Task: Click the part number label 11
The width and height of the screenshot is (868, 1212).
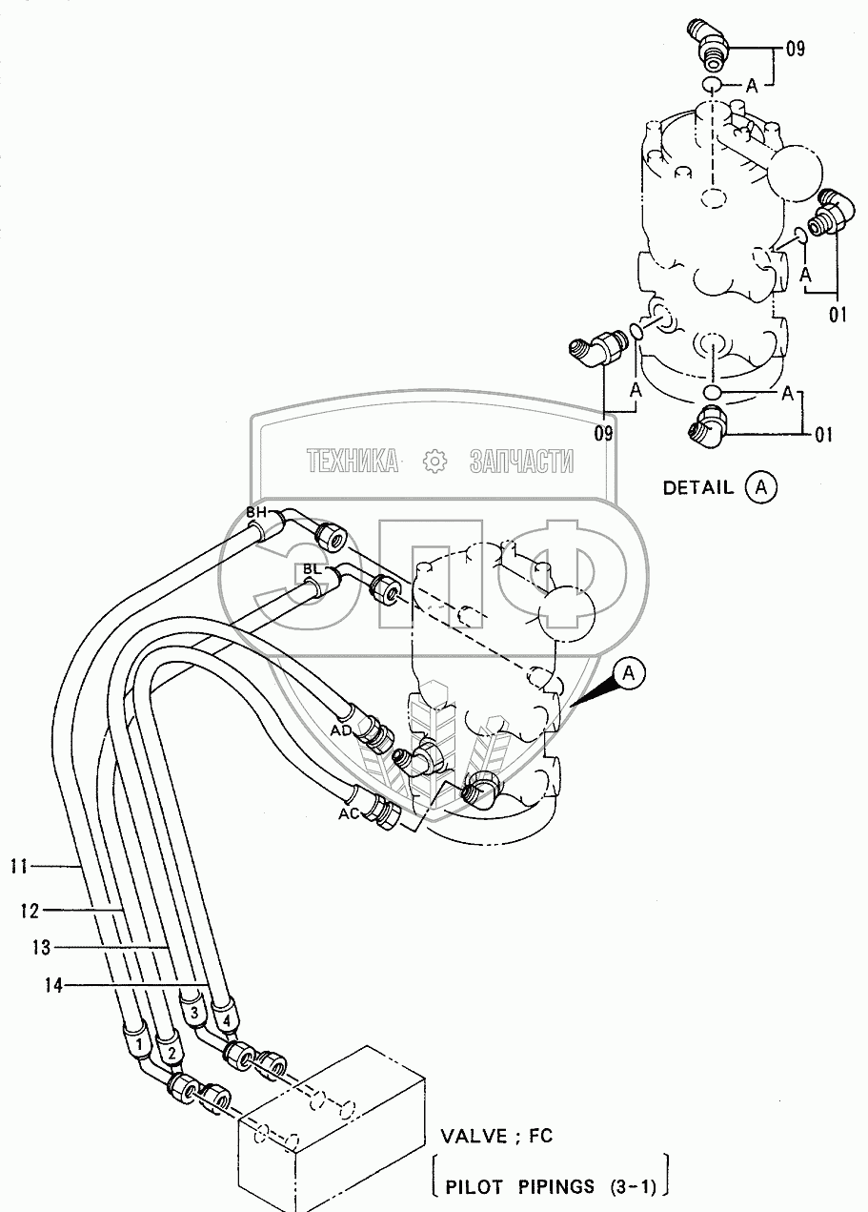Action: [x=17, y=867]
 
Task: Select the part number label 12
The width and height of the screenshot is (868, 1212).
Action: [x=29, y=911]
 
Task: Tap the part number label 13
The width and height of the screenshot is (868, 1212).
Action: [x=40, y=948]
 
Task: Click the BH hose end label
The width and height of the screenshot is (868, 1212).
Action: [x=256, y=513]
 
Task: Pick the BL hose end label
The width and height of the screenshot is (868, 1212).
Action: [x=312, y=569]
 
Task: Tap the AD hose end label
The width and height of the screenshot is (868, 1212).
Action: [x=341, y=730]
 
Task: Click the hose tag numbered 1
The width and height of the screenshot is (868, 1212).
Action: [x=140, y=1046]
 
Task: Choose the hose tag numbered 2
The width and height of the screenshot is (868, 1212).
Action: [x=171, y=1053]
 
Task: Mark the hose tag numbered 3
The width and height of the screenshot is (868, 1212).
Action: [x=193, y=1012]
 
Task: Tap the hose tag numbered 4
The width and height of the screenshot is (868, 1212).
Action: [x=225, y=1020]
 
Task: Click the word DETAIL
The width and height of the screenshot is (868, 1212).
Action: [x=698, y=488]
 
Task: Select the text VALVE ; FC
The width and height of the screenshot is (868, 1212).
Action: [x=495, y=1136]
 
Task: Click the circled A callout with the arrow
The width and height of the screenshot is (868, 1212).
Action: [x=630, y=674]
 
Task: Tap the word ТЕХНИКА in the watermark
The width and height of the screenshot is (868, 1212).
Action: [x=353, y=462]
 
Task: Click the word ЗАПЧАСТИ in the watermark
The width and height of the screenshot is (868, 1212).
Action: [x=522, y=462]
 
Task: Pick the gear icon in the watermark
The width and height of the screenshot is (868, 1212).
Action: [x=434, y=462]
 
